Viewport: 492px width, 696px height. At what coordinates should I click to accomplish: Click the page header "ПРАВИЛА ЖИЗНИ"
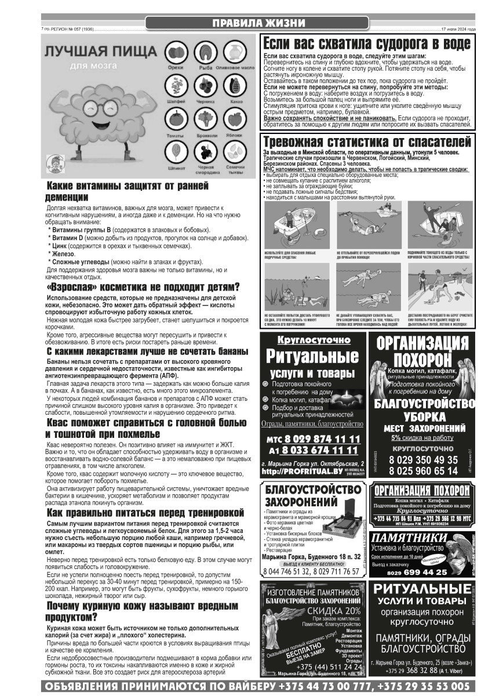pos(257,23)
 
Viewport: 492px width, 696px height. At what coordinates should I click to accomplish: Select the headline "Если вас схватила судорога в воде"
pos(366,43)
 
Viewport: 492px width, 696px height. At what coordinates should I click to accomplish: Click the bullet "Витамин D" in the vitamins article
pos(68,238)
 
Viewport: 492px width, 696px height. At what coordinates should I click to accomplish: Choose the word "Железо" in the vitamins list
pos(64,254)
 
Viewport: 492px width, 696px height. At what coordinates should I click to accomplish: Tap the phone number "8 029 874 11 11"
pos(322,438)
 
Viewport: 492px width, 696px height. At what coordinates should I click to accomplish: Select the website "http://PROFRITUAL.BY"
pos(300,471)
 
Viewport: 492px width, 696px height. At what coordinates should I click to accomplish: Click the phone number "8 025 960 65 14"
pos(424,470)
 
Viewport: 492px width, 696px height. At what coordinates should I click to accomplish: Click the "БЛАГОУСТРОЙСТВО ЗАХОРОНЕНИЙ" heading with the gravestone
pos(301,496)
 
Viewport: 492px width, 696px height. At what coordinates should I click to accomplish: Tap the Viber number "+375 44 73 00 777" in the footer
pos(326,686)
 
